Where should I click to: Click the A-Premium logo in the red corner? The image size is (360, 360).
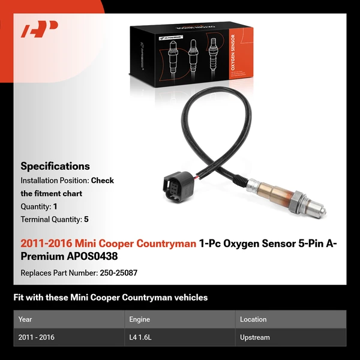point(40,29)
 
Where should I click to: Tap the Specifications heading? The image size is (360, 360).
point(55,166)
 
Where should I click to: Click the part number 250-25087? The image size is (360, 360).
point(115,273)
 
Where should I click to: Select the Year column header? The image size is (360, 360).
point(25,319)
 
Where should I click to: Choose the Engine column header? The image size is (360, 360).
point(140,319)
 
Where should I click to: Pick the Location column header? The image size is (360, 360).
point(253,319)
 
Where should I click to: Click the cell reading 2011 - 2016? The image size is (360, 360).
point(37,337)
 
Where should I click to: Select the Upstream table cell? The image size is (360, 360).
point(255,337)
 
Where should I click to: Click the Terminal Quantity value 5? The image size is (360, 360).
point(86,219)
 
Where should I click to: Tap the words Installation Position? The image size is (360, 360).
point(54,180)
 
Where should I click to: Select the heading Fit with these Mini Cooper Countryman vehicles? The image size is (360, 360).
point(110,298)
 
